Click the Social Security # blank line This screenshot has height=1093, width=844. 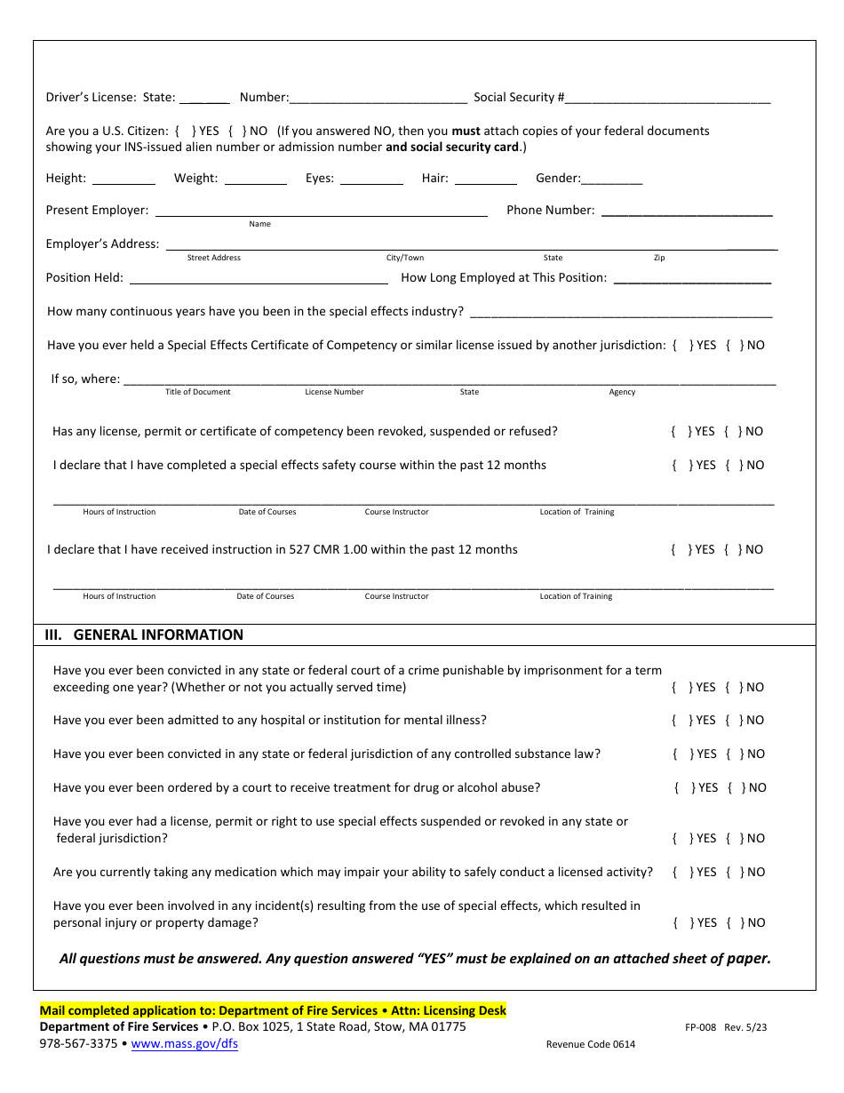[x=668, y=99]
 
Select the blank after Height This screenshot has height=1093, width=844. [x=123, y=179]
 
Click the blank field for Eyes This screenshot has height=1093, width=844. [x=371, y=179]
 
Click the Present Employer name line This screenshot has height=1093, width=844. [x=321, y=211]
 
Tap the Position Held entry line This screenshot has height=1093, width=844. [x=259, y=278]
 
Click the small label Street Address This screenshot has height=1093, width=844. [x=213, y=258]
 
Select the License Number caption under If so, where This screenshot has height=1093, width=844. [x=334, y=392]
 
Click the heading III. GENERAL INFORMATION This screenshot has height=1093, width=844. [x=144, y=634]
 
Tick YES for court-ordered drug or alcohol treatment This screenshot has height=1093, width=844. [x=685, y=788]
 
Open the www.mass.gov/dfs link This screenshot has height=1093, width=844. [x=184, y=1044]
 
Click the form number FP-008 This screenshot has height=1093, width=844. [x=700, y=1027]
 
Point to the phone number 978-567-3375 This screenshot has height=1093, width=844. [x=78, y=1044]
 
